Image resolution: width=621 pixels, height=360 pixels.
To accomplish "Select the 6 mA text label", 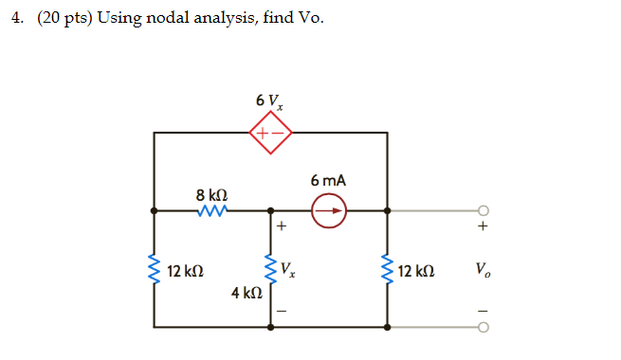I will (x=327, y=180).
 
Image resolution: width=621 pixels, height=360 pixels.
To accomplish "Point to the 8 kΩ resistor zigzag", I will (x=211, y=210).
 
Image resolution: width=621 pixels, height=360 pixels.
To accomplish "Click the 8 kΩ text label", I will (x=210, y=194).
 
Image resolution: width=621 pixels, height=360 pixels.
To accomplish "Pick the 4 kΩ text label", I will (x=246, y=294).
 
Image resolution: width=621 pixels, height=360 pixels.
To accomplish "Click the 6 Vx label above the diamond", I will (x=267, y=101).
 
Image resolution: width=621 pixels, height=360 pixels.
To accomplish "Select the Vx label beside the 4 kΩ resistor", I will (x=288, y=271).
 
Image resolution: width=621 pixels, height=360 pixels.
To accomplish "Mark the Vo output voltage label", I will (x=485, y=271).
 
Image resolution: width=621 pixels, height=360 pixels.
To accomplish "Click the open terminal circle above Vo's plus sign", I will (x=484, y=210).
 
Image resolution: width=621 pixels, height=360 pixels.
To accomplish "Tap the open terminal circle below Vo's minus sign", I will (x=484, y=328).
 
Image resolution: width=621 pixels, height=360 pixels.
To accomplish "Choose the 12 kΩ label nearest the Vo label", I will (x=418, y=272).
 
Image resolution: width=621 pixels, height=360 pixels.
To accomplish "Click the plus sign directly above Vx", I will (x=281, y=227).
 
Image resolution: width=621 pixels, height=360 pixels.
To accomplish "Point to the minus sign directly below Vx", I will (x=281, y=312).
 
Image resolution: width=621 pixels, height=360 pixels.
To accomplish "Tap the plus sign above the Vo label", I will (x=484, y=227).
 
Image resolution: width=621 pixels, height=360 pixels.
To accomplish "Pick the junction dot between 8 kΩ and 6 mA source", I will (x=271, y=210).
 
